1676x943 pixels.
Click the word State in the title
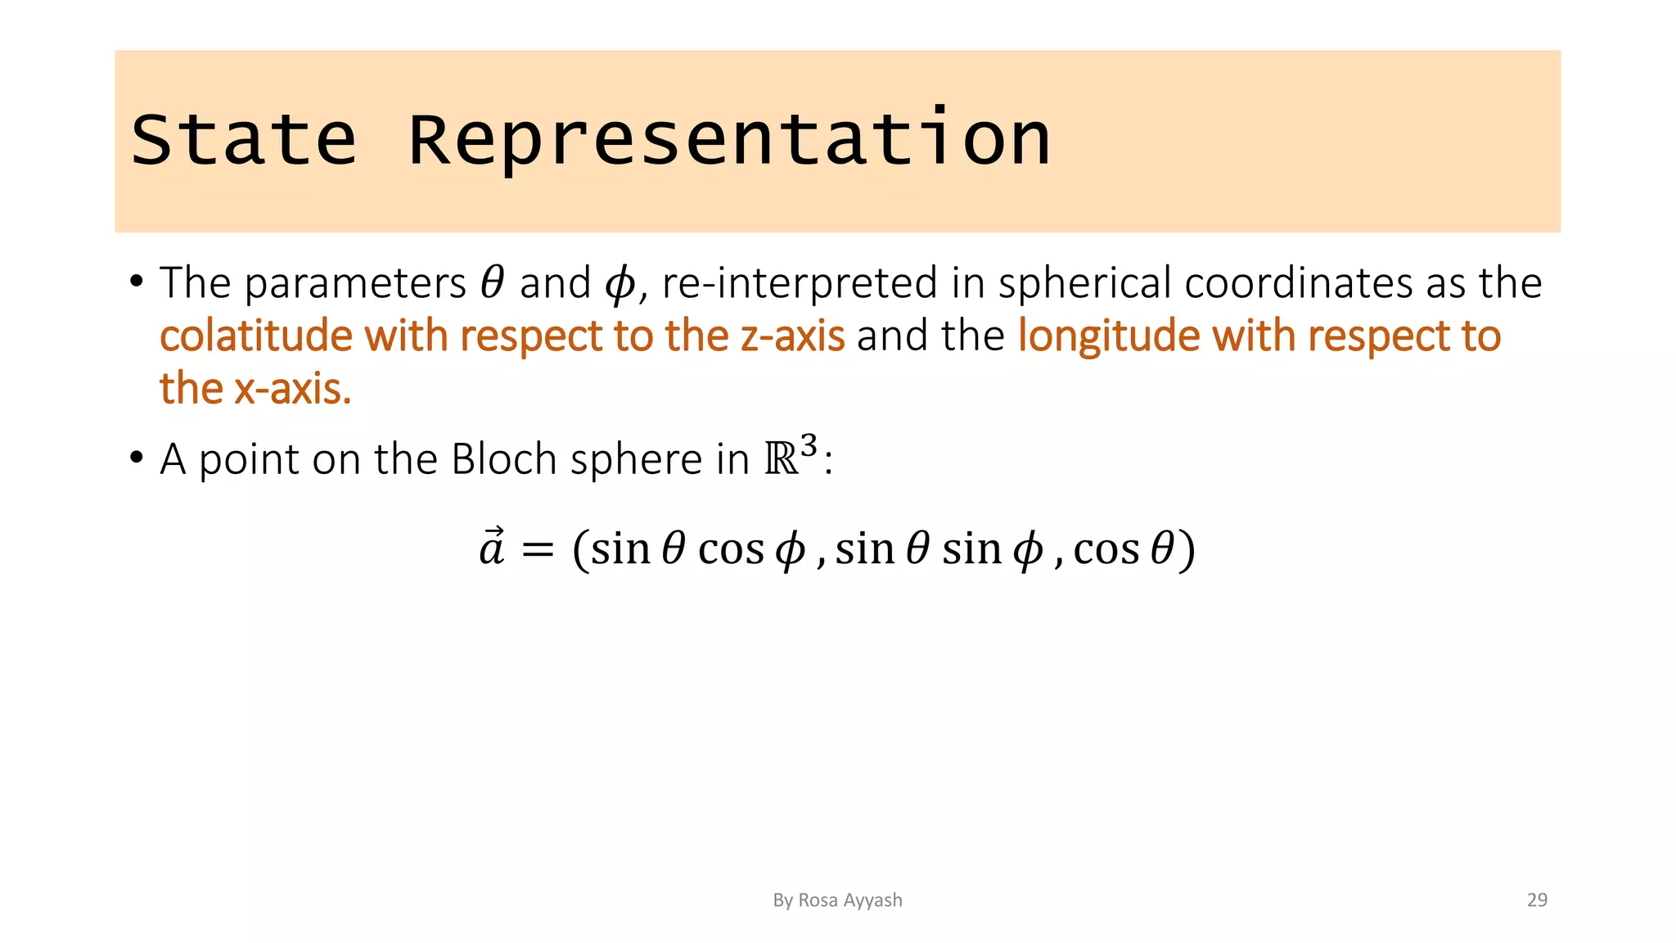244,140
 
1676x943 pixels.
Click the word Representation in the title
728,140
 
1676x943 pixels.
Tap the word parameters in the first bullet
355,284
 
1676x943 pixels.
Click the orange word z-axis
792,336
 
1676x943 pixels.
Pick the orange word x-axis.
293,389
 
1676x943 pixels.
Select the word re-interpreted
799,284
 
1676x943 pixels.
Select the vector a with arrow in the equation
492,548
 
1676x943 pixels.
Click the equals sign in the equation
538,549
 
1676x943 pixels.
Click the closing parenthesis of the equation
1187,550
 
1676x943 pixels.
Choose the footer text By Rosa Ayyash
837,900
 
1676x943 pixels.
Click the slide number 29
1537,900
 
